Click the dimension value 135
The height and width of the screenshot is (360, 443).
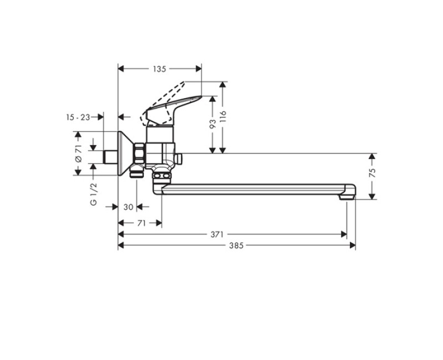159,69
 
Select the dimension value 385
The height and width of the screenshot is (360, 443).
236,245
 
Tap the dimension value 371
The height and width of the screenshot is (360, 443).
217,234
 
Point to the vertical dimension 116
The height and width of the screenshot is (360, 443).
223,117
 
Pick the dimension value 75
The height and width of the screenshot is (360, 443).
373,173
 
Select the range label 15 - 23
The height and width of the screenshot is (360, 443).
78,117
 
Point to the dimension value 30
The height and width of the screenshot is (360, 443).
128,207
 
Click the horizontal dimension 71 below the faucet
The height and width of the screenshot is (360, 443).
141,223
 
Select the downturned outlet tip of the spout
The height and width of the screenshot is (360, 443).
347,194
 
